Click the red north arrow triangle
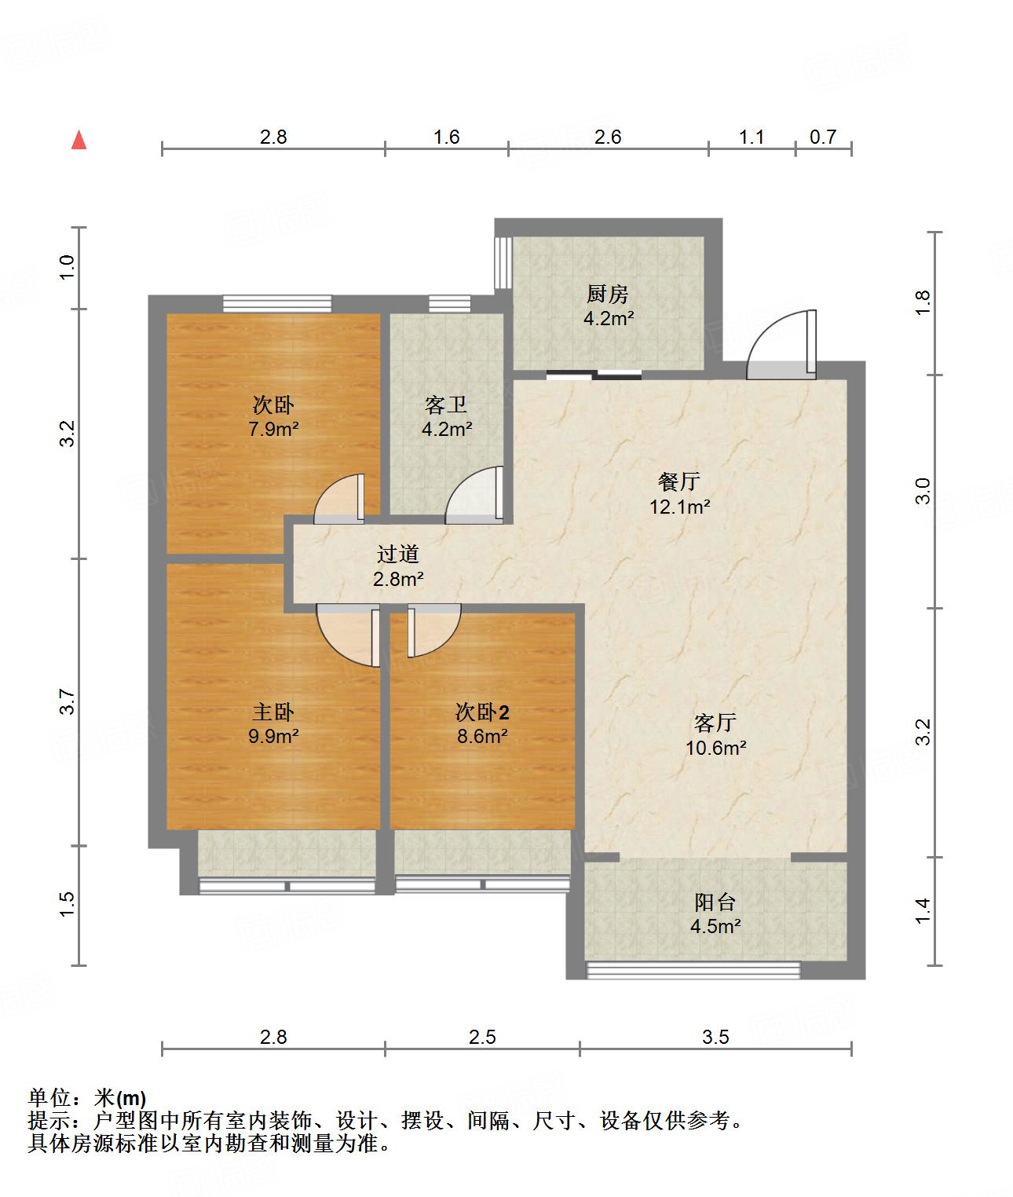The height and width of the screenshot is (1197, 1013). coord(79,141)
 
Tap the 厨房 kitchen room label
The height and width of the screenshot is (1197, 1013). coord(608,295)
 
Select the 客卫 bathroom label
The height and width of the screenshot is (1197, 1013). coord(446,405)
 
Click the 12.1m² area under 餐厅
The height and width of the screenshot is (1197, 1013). coord(679,507)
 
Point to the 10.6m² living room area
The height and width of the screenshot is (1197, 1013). coord(715,748)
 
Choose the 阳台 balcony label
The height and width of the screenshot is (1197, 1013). coord(715,902)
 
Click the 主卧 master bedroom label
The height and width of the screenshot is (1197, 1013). coord(273,712)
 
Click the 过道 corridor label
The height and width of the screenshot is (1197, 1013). coord(399,554)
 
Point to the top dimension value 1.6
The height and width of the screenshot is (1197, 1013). coord(446,137)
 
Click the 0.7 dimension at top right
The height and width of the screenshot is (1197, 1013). coord(823,137)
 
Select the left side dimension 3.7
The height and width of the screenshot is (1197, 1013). coord(68,701)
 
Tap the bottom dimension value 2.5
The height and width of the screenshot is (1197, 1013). coord(482,1037)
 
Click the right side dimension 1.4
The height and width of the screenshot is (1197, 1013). coord(923,910)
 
